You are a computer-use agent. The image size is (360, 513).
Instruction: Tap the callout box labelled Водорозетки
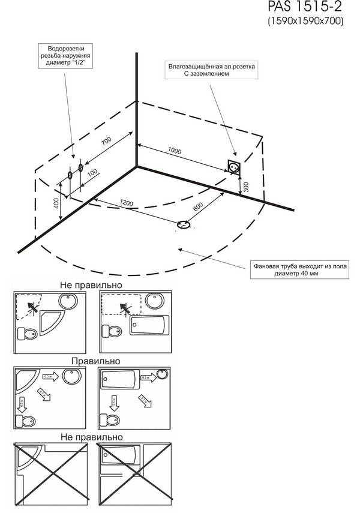(65, 57)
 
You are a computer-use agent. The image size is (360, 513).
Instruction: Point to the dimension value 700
(106, 142)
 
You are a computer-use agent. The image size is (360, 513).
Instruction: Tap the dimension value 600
(197, 205)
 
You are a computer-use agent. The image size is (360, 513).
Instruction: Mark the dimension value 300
(245, 187)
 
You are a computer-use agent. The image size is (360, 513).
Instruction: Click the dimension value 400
(56, 206)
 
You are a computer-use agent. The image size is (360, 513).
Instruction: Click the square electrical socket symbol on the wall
(235, 167)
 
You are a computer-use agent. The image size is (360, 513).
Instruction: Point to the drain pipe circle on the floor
(184, 225)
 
